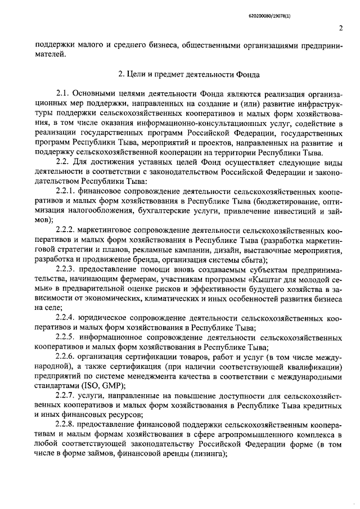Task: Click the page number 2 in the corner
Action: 341,29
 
